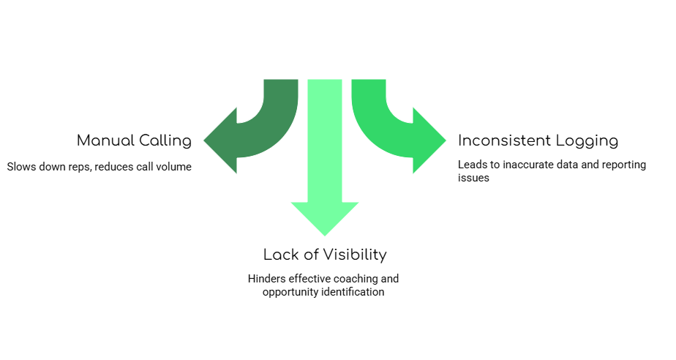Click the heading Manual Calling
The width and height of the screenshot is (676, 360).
coord(134,140)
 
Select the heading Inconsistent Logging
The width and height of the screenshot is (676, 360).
coord(538,140)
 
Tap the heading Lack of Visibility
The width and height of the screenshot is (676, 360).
coord(325,255)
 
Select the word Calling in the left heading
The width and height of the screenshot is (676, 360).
coord(165,140)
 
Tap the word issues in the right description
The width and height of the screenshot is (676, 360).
coord(473,178)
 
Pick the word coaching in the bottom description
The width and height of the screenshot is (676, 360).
coord(356,279)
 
